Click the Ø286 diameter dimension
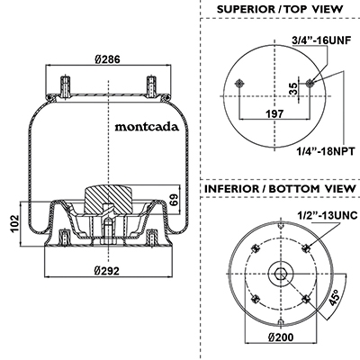[x=108, y=59]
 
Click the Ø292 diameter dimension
[x=107, y=271]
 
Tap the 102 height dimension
[x=14, y=223]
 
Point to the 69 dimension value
[x=175, y=200]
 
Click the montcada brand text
[x=147, y=127]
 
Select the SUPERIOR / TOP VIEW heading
[x=280, y=9]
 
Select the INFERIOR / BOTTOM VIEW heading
[x=280, y=189]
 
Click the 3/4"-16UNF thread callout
[x=321, y=40]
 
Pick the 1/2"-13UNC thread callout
[x=328, y=215]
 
